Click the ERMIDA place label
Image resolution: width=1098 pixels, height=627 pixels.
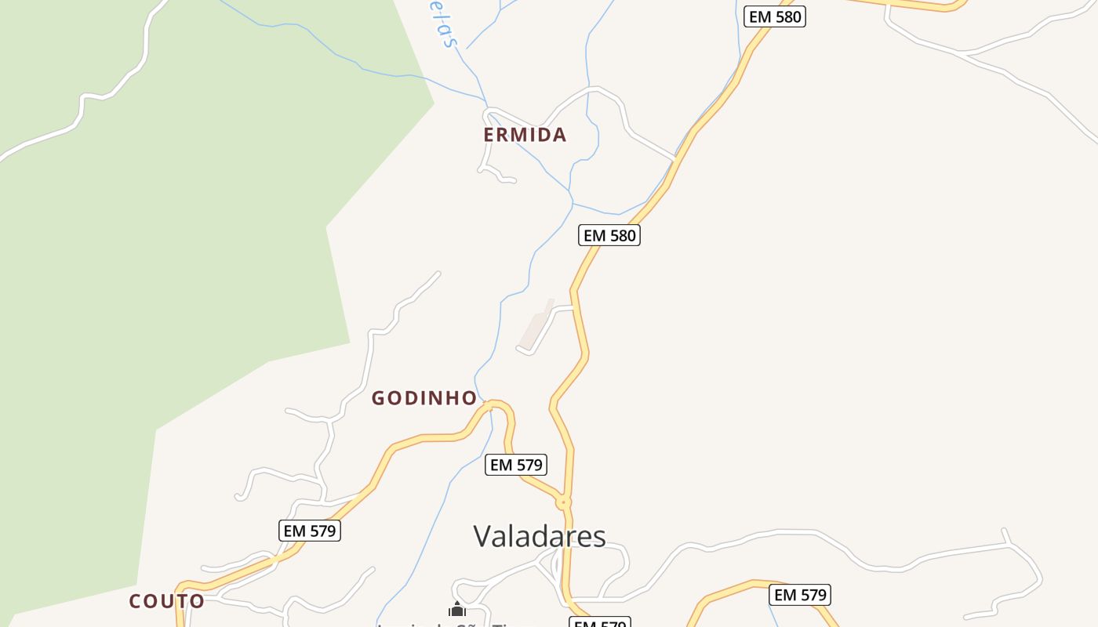[x=525, y=135]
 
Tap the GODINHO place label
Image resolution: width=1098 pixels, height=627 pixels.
[x=424, y=398]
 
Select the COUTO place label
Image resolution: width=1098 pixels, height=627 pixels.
[x=167, y=601]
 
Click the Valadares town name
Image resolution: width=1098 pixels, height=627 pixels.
[x=540, y=536]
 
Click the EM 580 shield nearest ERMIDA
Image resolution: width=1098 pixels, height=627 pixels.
[x=609, y=235]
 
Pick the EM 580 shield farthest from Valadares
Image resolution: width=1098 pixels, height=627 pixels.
[x=775, y=16]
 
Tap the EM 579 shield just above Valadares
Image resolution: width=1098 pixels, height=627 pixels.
[x=515, y=465]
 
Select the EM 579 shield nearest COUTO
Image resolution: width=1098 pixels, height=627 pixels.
[x=310, y=531]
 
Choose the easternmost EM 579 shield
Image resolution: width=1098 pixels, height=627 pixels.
[x=800, y=595]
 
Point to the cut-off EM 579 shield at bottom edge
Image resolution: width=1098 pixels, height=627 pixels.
[x=599, y=623]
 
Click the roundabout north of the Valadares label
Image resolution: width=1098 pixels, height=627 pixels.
[x=563, y=502]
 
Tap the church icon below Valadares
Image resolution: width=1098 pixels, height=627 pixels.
[x=457, y=610]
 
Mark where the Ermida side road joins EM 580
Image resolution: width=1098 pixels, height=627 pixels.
[x=675, y=159]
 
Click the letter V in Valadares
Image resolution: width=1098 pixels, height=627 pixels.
[x=484, y=537]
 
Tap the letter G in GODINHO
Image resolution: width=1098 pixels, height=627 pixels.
[x=378, y=398]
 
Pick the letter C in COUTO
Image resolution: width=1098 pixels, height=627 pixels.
[x=136, y=601]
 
